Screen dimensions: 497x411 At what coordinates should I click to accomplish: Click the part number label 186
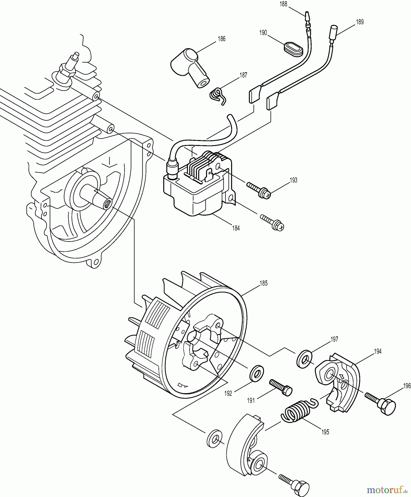pyautogui.click(x=221, y=39)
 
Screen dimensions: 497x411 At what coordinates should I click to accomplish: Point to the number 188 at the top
pyautogui.click(x=283, y=4)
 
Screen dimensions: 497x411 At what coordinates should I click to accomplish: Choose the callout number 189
pyautogui.click(x=360, y=22)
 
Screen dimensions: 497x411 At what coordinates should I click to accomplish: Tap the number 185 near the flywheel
pyautogui.click(x=264, y=283)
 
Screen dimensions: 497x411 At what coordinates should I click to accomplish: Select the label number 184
pyautogui.click(x=235, y=228)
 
